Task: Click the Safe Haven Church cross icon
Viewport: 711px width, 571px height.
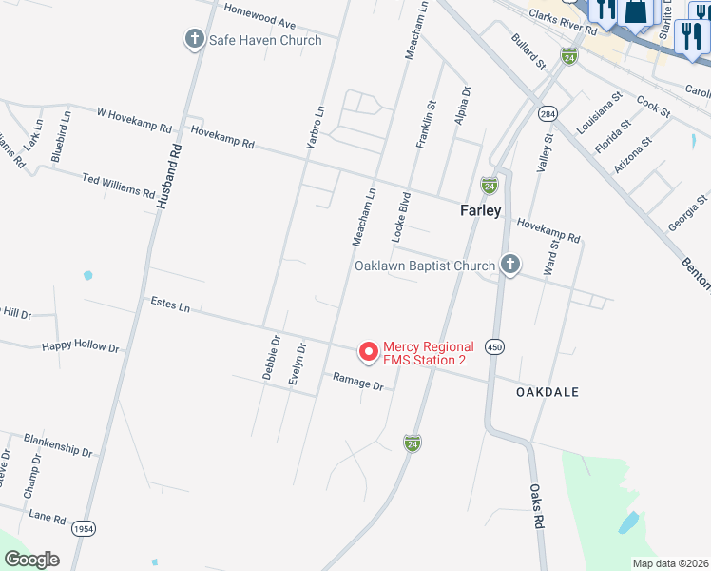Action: pos(195,40)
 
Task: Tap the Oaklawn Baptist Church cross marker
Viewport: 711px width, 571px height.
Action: pos(509,266)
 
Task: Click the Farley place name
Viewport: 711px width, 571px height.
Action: pos(480,210)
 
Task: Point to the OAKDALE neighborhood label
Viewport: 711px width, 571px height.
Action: pos(547,392)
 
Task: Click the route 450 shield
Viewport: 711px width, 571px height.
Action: pos(492,347)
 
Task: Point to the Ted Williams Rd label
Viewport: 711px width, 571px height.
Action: pos(118,186)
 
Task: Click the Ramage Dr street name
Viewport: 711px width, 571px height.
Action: pos(357,382)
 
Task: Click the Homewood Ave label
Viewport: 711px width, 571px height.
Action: pos(259,16)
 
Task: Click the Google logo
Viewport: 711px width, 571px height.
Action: pos(31,560)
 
